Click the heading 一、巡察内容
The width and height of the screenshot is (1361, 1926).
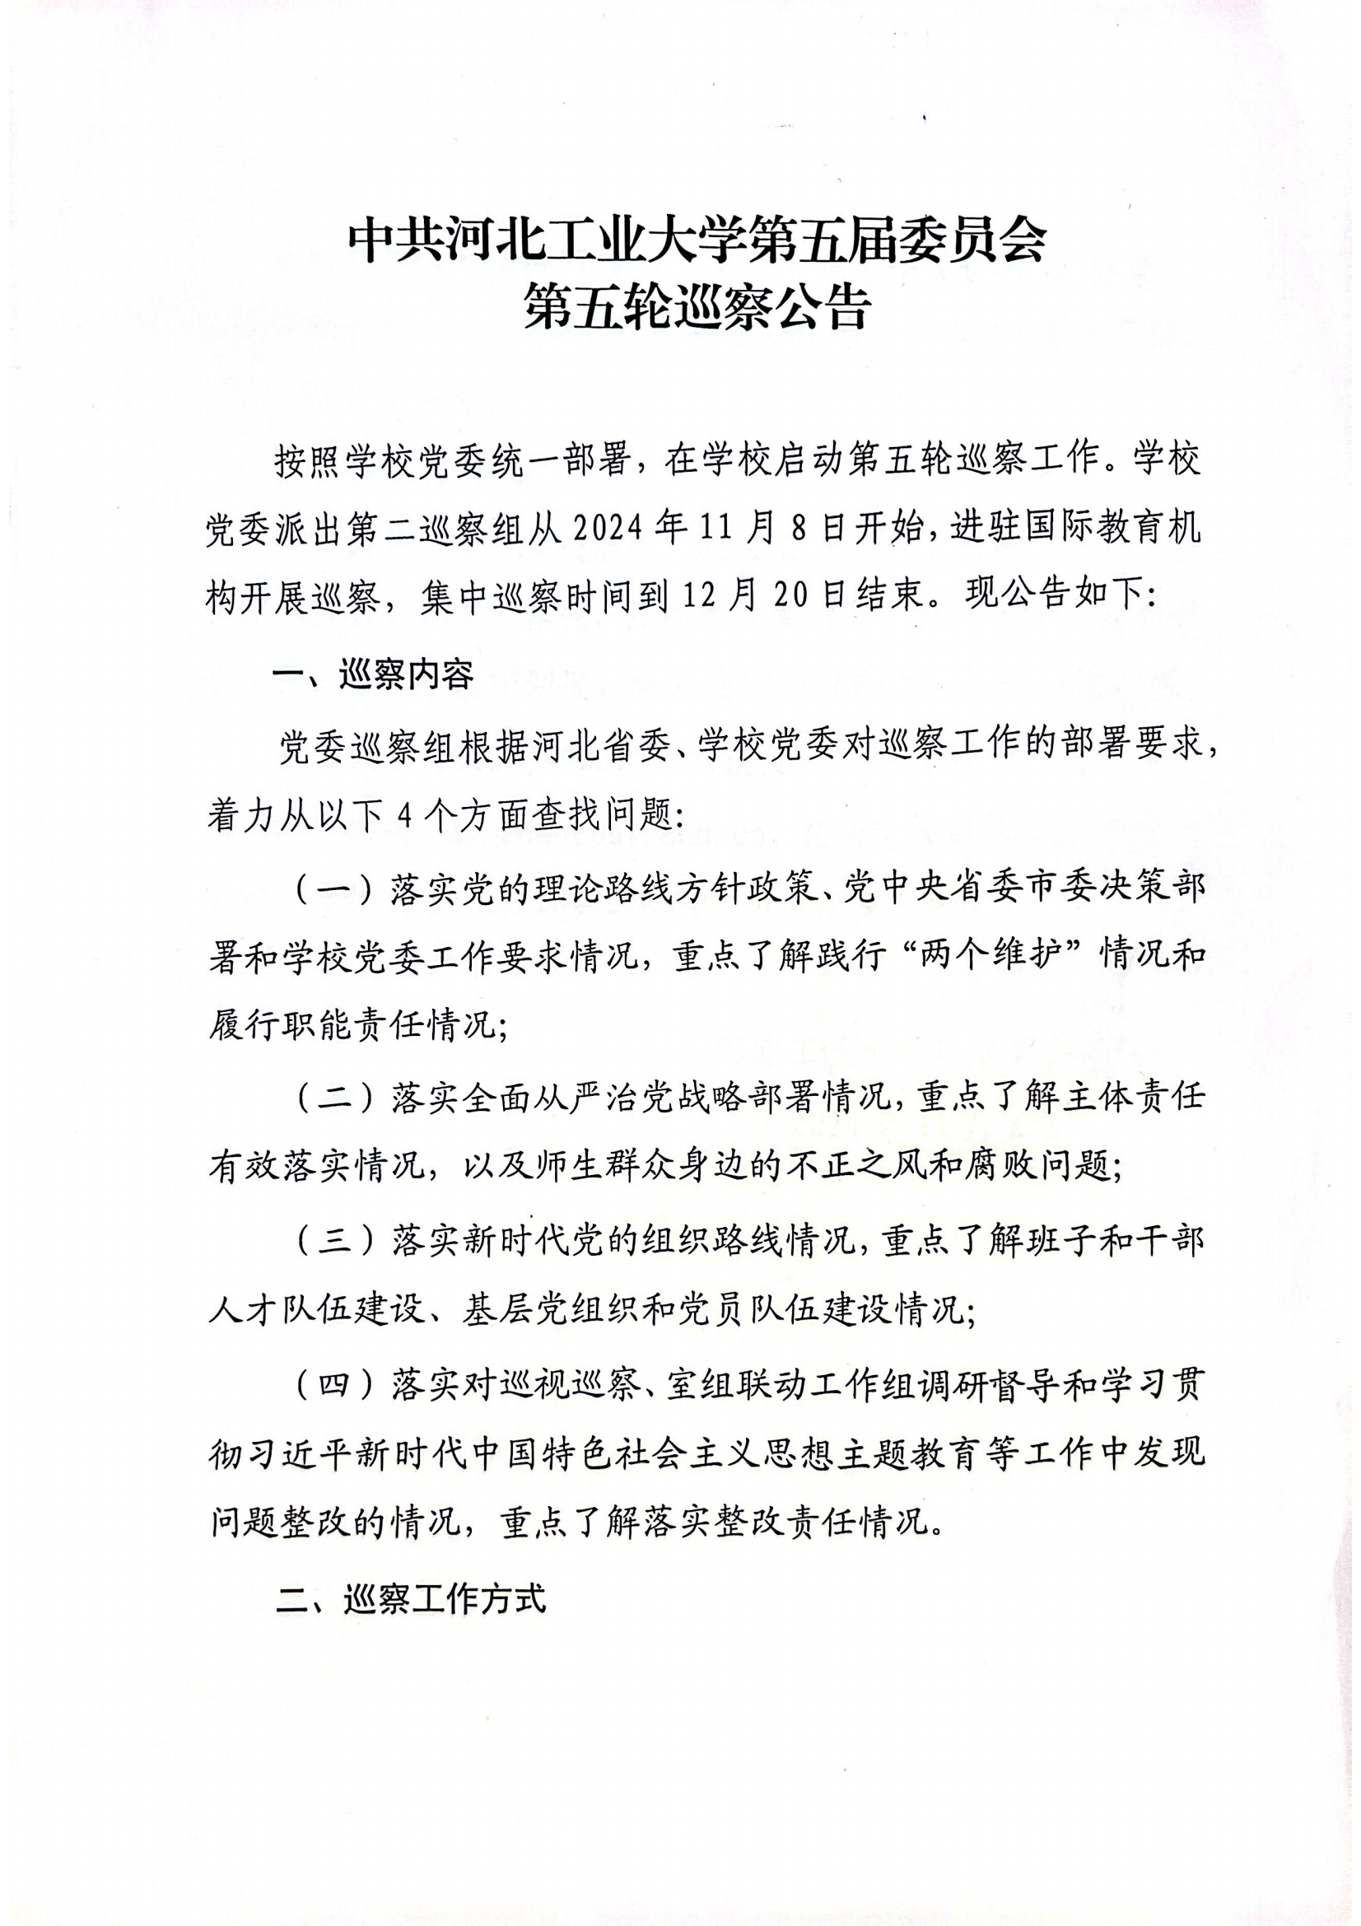pos(374,674)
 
